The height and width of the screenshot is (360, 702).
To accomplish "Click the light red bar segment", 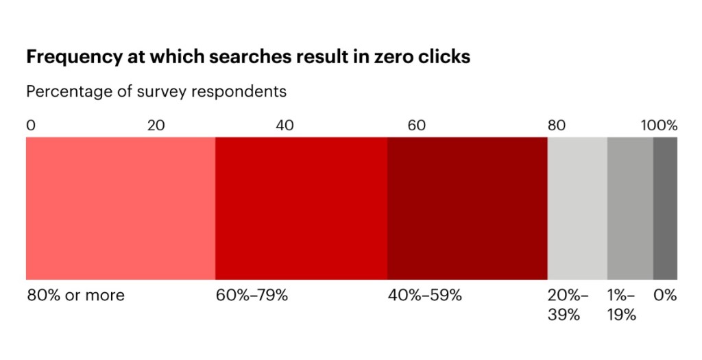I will [121, 208].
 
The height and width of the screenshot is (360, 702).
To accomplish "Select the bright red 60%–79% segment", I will [301, 208].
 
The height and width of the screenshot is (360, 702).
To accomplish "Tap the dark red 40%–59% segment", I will [467, 208].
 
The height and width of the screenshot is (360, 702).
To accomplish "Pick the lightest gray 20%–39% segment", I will [577, 208].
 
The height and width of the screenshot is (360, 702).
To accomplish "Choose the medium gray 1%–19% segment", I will [630, 208].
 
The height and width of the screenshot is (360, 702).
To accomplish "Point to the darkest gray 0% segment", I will [665, 208].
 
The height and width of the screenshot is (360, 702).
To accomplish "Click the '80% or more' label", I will [76, 296].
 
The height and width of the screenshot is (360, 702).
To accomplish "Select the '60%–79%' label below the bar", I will [252, 296].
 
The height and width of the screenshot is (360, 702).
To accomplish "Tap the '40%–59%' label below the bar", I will [425, 296].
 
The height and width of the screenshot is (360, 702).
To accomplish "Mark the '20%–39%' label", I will [568, 305].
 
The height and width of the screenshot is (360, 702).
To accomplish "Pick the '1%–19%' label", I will [621, 305].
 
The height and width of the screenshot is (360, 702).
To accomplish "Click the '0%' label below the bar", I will [665, 296].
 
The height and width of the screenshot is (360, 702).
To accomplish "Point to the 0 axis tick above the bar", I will [31, 125].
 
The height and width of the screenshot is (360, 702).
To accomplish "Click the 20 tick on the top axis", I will [156, 125].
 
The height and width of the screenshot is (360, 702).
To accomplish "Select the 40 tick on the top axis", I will [285, 125].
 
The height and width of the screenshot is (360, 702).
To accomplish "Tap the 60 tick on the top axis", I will [417, 125].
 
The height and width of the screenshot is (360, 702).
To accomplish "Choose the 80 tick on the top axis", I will [556, 125].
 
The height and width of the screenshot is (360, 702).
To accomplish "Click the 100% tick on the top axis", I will [659, 125].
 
